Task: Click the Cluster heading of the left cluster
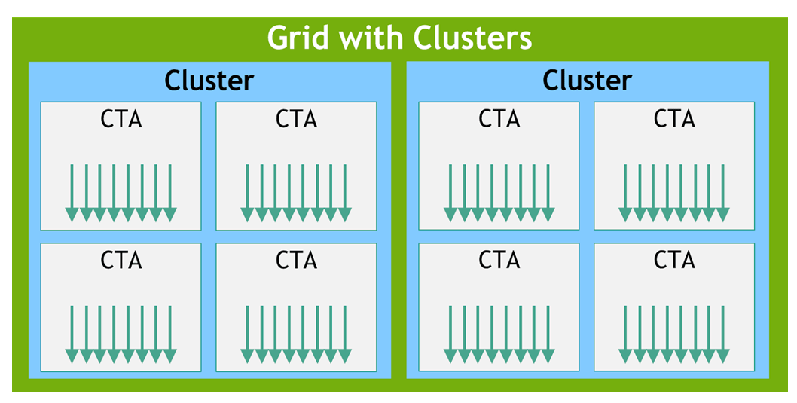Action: point(209,80)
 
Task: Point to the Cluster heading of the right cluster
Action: point(587,80)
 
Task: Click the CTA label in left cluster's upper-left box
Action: point(121,119)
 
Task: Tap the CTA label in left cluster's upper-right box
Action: point(296,119)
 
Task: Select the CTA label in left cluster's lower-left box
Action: point(121,261)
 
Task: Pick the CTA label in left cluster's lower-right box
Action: point(296,261)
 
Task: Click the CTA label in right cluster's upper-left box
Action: point(499,119)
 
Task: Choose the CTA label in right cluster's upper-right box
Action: point(674,119)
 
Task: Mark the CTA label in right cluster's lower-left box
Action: point(499,261)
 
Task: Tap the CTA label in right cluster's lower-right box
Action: point(674,261)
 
